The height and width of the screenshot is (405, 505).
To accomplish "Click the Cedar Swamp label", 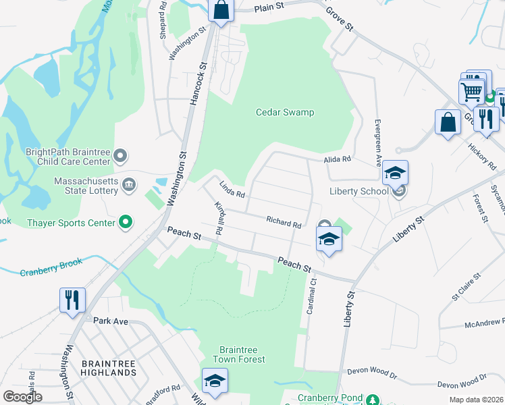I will pos(284,112).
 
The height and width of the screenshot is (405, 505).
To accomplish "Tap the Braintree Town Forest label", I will pos(242,354).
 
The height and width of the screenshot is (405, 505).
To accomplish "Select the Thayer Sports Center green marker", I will pos(125,221).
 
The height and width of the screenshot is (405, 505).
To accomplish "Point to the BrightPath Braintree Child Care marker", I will pos(121,157).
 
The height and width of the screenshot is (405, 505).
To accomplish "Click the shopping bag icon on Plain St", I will pos(221,11).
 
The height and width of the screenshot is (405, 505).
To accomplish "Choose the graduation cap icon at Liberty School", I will pos(396,173).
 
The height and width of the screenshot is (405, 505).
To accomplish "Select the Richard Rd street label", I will pos(283,221).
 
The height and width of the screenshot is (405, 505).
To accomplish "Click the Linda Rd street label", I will pos(231,189).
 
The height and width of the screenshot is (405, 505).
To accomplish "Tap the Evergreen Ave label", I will pos(378,142).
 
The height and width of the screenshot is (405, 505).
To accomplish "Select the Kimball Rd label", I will pos(219,217).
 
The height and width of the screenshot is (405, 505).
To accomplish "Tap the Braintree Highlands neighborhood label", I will pos(108,368).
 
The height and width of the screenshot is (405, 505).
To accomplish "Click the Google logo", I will pos(22,396).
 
